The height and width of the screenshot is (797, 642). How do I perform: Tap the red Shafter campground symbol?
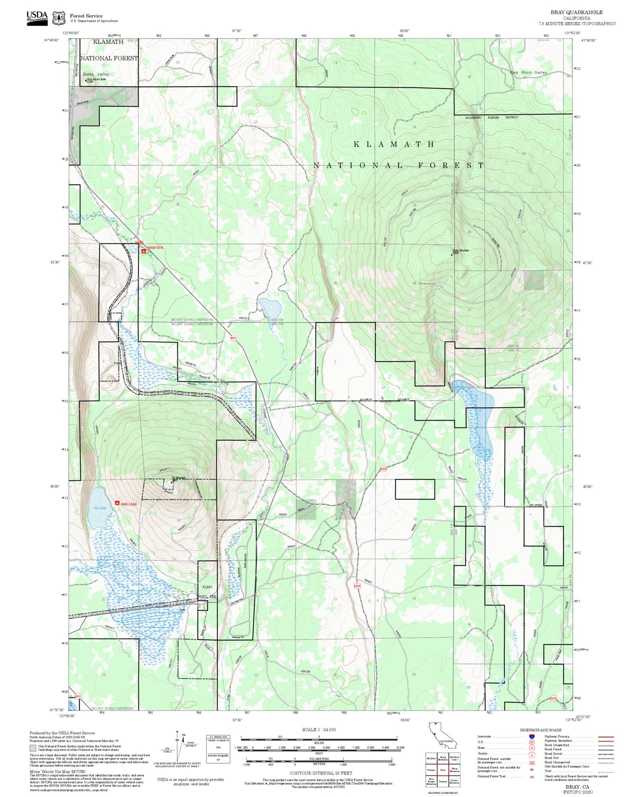[x=144, y=251]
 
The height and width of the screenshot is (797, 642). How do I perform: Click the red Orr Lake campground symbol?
[x=117, y=503]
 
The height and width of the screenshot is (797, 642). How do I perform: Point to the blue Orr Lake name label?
[x=100, y=508]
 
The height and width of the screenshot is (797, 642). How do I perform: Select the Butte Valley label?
[x=96, y=74]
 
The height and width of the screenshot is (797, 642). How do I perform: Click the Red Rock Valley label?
[x=528, y=72]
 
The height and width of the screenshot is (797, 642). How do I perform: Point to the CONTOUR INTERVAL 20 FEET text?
[x=320, y=773]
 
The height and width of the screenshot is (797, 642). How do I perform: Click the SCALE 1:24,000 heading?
[x=319, y=729]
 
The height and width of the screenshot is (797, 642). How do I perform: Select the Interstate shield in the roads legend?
[x=532, y=736]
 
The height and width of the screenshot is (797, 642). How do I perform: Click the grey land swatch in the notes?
[x=33, y=749]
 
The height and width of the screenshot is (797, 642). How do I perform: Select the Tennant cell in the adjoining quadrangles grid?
[x=443, y=781]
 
